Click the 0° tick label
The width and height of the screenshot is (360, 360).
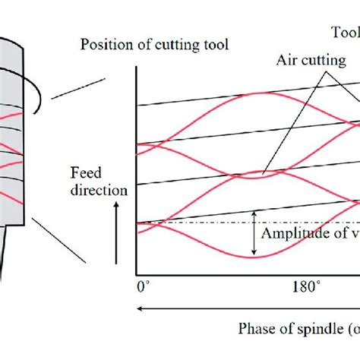pos(142,288)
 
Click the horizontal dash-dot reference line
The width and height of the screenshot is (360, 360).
pos(197,222)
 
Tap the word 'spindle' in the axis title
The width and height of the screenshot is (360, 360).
pos(314,329)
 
